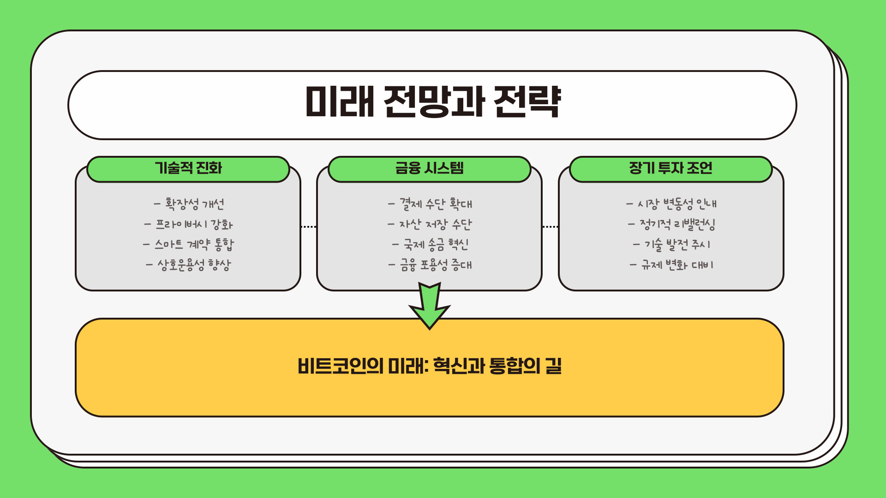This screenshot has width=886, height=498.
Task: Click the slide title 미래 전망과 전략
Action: pyautogui.click(x=433, y=102)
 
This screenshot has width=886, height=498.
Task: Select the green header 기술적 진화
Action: pyautogui.click(x=188, y=168)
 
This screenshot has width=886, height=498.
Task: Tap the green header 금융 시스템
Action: pyautogui.click(x=429, y=168)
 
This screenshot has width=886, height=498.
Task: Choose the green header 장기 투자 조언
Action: pyautogui.click(x=670, y=168)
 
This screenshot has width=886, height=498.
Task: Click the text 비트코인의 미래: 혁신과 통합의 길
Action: pyautogui.click(x=429, y=366)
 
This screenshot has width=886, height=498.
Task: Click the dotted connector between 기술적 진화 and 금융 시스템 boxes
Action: pyautogui.click(x=309, y=227)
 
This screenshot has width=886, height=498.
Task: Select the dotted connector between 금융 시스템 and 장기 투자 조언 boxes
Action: pyautogui.click(x=550, y=227)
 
